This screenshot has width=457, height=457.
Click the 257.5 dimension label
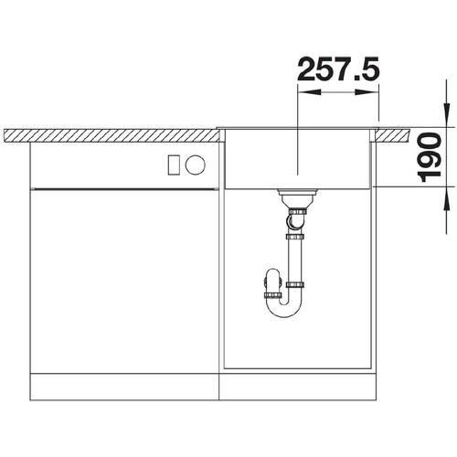338,69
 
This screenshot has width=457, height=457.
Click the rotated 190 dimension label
429,157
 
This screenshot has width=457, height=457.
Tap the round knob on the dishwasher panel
196,165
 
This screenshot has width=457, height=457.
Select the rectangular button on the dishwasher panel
175,165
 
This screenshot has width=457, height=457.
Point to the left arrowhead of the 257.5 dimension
310,92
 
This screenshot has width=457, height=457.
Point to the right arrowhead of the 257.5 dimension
367,92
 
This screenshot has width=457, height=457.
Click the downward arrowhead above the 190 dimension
446,115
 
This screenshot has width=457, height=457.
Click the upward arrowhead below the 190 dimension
446,198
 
